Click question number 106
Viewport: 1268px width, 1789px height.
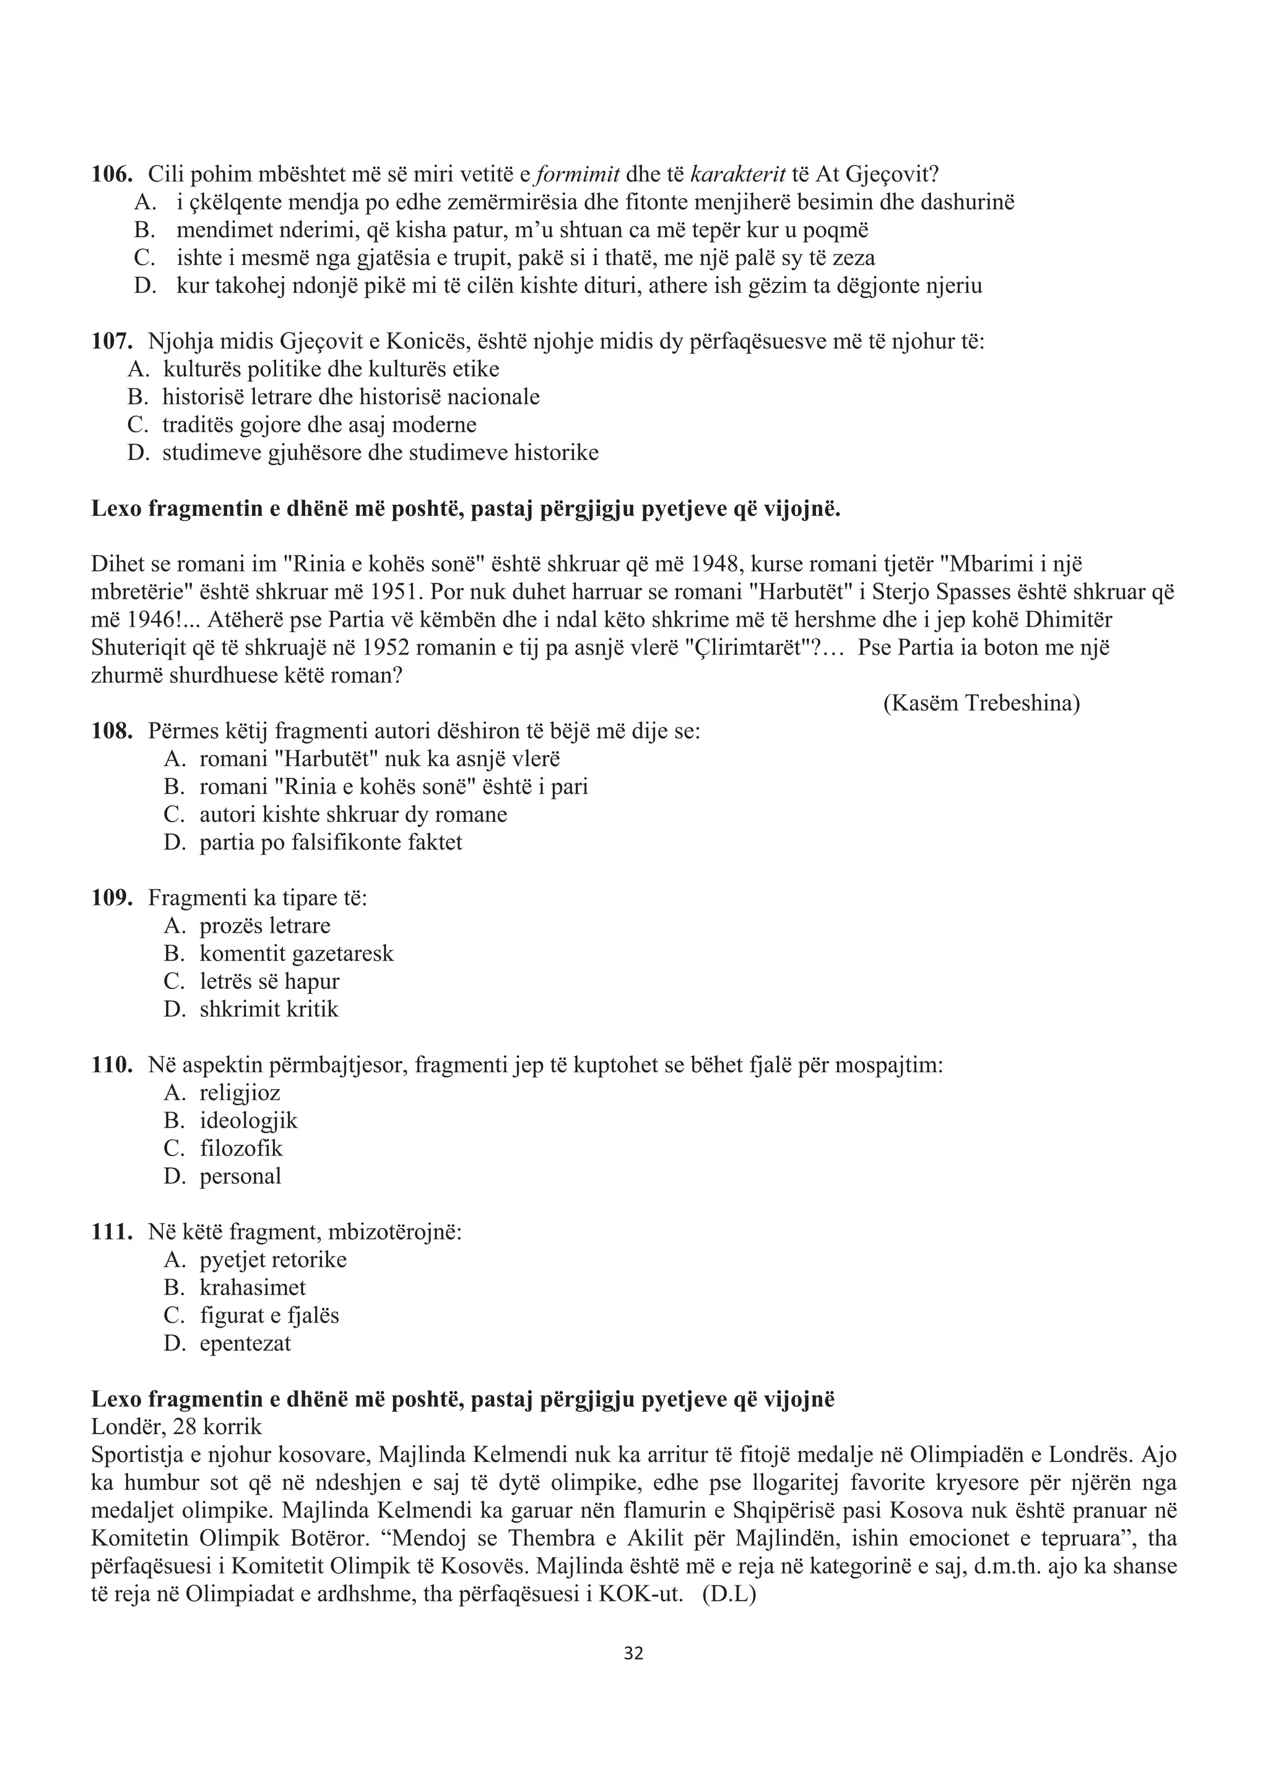(111, 175)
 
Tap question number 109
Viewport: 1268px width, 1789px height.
(111, 898)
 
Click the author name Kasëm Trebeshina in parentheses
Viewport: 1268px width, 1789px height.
(981, 703)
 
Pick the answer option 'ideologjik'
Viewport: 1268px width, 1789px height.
(248, 1121)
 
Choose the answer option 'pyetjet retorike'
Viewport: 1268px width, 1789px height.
(272, 1260)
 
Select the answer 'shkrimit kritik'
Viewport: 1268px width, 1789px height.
(269, 1010)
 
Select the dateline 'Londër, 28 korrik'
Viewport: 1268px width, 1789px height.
(176, 1427)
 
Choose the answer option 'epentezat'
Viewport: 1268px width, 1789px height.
(245, 1343)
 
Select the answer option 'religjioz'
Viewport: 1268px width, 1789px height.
(240, 1093)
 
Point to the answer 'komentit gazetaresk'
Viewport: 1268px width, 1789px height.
(296, 954)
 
